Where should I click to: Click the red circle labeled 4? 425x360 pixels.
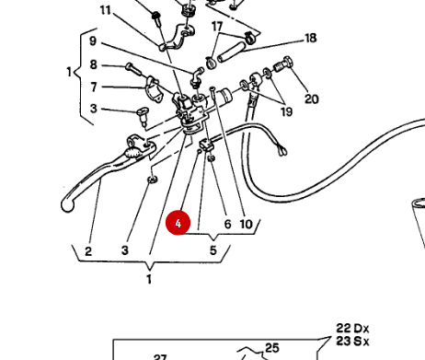pyautogui.click(x=178, y=222)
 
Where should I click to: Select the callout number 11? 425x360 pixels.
pyautogui.click(x=105, y=10)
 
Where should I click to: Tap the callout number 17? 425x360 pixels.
pyautogui.click(x=217, y=27)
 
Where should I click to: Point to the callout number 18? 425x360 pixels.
pyautogui.click(x=310, y=39)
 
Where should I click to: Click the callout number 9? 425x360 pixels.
pyautogui.click(x=93, y=41)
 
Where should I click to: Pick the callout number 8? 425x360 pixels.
pyautogui.click(x=93, y=64)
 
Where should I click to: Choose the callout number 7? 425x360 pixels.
pyautogui.click(x=93, y=87)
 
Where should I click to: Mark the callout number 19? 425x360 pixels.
pyautogui.click(x=287, y=111)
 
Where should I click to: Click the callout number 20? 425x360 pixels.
pyautogui.click(x=312, y=99)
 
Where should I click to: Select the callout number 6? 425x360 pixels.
pyautogui.click(x=226, y=224)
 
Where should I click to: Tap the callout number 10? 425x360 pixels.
pyautogui.click(x=246, y=224)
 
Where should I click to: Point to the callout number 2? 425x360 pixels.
pyautogui.click(x=88, y=251)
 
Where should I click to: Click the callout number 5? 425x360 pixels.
pyautogui.click(x=212, y=250)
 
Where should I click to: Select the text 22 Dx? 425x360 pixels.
pyautogui.click(x=351, y=329)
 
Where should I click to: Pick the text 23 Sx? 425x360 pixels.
pyautogui.click(x=351, y=342)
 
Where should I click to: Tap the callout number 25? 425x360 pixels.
pyautogui.click(x=272, y=347)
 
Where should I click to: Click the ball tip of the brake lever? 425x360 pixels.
pyautogui.click(x=67, y=204)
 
